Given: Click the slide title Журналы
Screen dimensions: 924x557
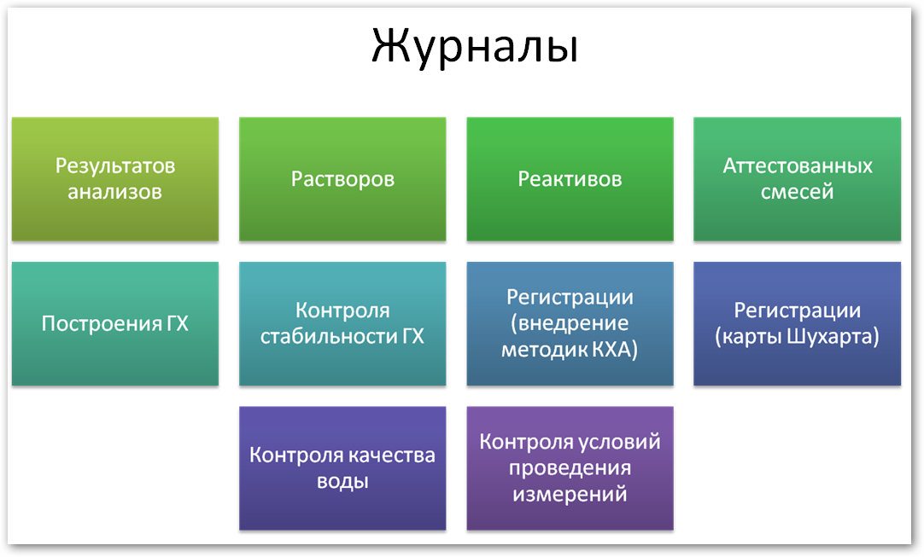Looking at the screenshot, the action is (475, 47).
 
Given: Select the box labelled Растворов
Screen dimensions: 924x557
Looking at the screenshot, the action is (342, 179).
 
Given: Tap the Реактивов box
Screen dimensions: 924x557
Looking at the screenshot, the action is (570, 179).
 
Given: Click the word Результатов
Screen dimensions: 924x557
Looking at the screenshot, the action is (115, 166).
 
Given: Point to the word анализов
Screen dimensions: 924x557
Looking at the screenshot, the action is (115, 192).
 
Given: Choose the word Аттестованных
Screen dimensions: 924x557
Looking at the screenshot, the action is (798, 166).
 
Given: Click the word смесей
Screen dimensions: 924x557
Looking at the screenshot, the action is (798, 192).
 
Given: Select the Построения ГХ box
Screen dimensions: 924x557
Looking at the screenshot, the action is (115, 324).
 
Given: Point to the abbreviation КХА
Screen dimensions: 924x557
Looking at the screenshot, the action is (615, 350).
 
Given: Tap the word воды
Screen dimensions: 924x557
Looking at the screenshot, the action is (342, 482).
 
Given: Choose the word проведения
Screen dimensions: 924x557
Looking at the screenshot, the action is (570, 468).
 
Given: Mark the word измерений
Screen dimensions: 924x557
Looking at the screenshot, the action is (570, 494).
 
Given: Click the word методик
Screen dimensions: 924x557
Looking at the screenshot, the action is (545, 350).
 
